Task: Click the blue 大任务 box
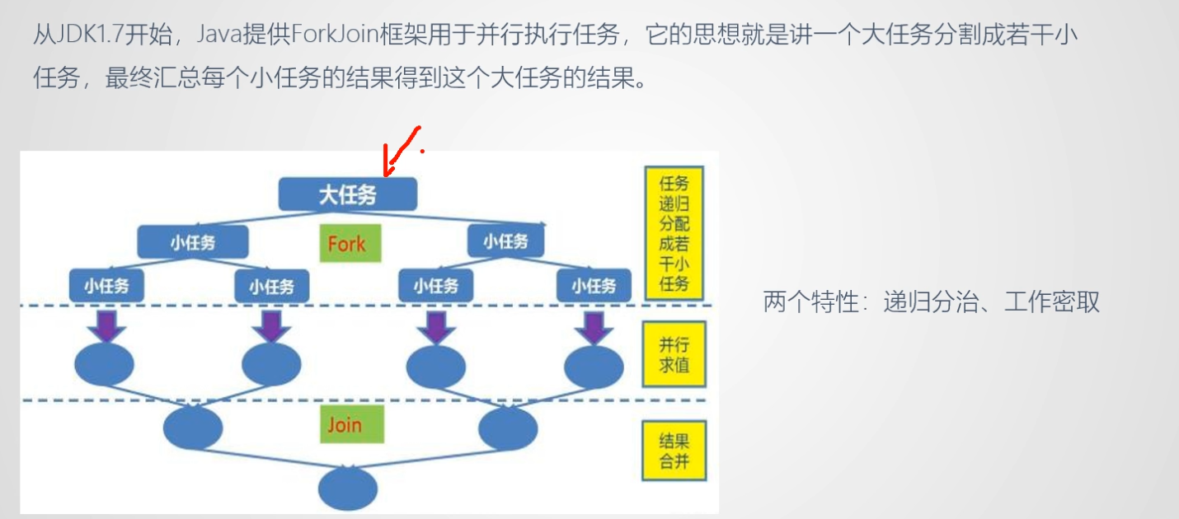[348, 194]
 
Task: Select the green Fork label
[350, 243]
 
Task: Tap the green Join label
[351, 423]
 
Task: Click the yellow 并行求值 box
[674, 354]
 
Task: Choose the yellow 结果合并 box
[674, 451]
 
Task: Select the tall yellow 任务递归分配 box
[674, 233]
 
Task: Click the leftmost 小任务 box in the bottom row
[106, 286]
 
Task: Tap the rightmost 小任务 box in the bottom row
[594, 286]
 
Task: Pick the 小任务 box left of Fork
[193, 242]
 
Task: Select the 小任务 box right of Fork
[505, 241]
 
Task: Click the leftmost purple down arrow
[107, 326]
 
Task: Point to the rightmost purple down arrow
[594, 328]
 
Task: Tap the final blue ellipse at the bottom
[348, 489]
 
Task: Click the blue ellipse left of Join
[193, 428]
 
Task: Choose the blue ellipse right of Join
[508, 428]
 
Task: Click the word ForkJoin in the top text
[335, 34]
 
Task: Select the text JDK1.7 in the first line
[89, 34]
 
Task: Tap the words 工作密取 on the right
[1052, 302]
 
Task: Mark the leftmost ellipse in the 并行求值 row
[104, 364]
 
